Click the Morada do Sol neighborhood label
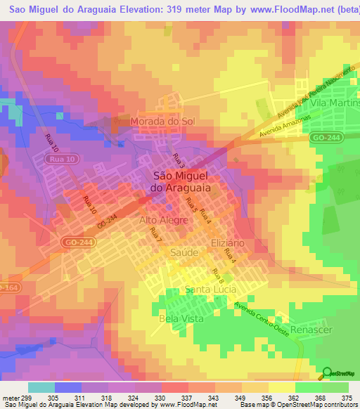point(162,122)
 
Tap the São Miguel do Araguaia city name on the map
point(182,183)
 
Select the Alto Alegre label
point(163,220)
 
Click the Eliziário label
point(228,242)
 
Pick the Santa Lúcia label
point(212,290)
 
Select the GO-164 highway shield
point(7,288)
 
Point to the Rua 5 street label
point(191,205)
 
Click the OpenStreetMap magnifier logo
point(328,372)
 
